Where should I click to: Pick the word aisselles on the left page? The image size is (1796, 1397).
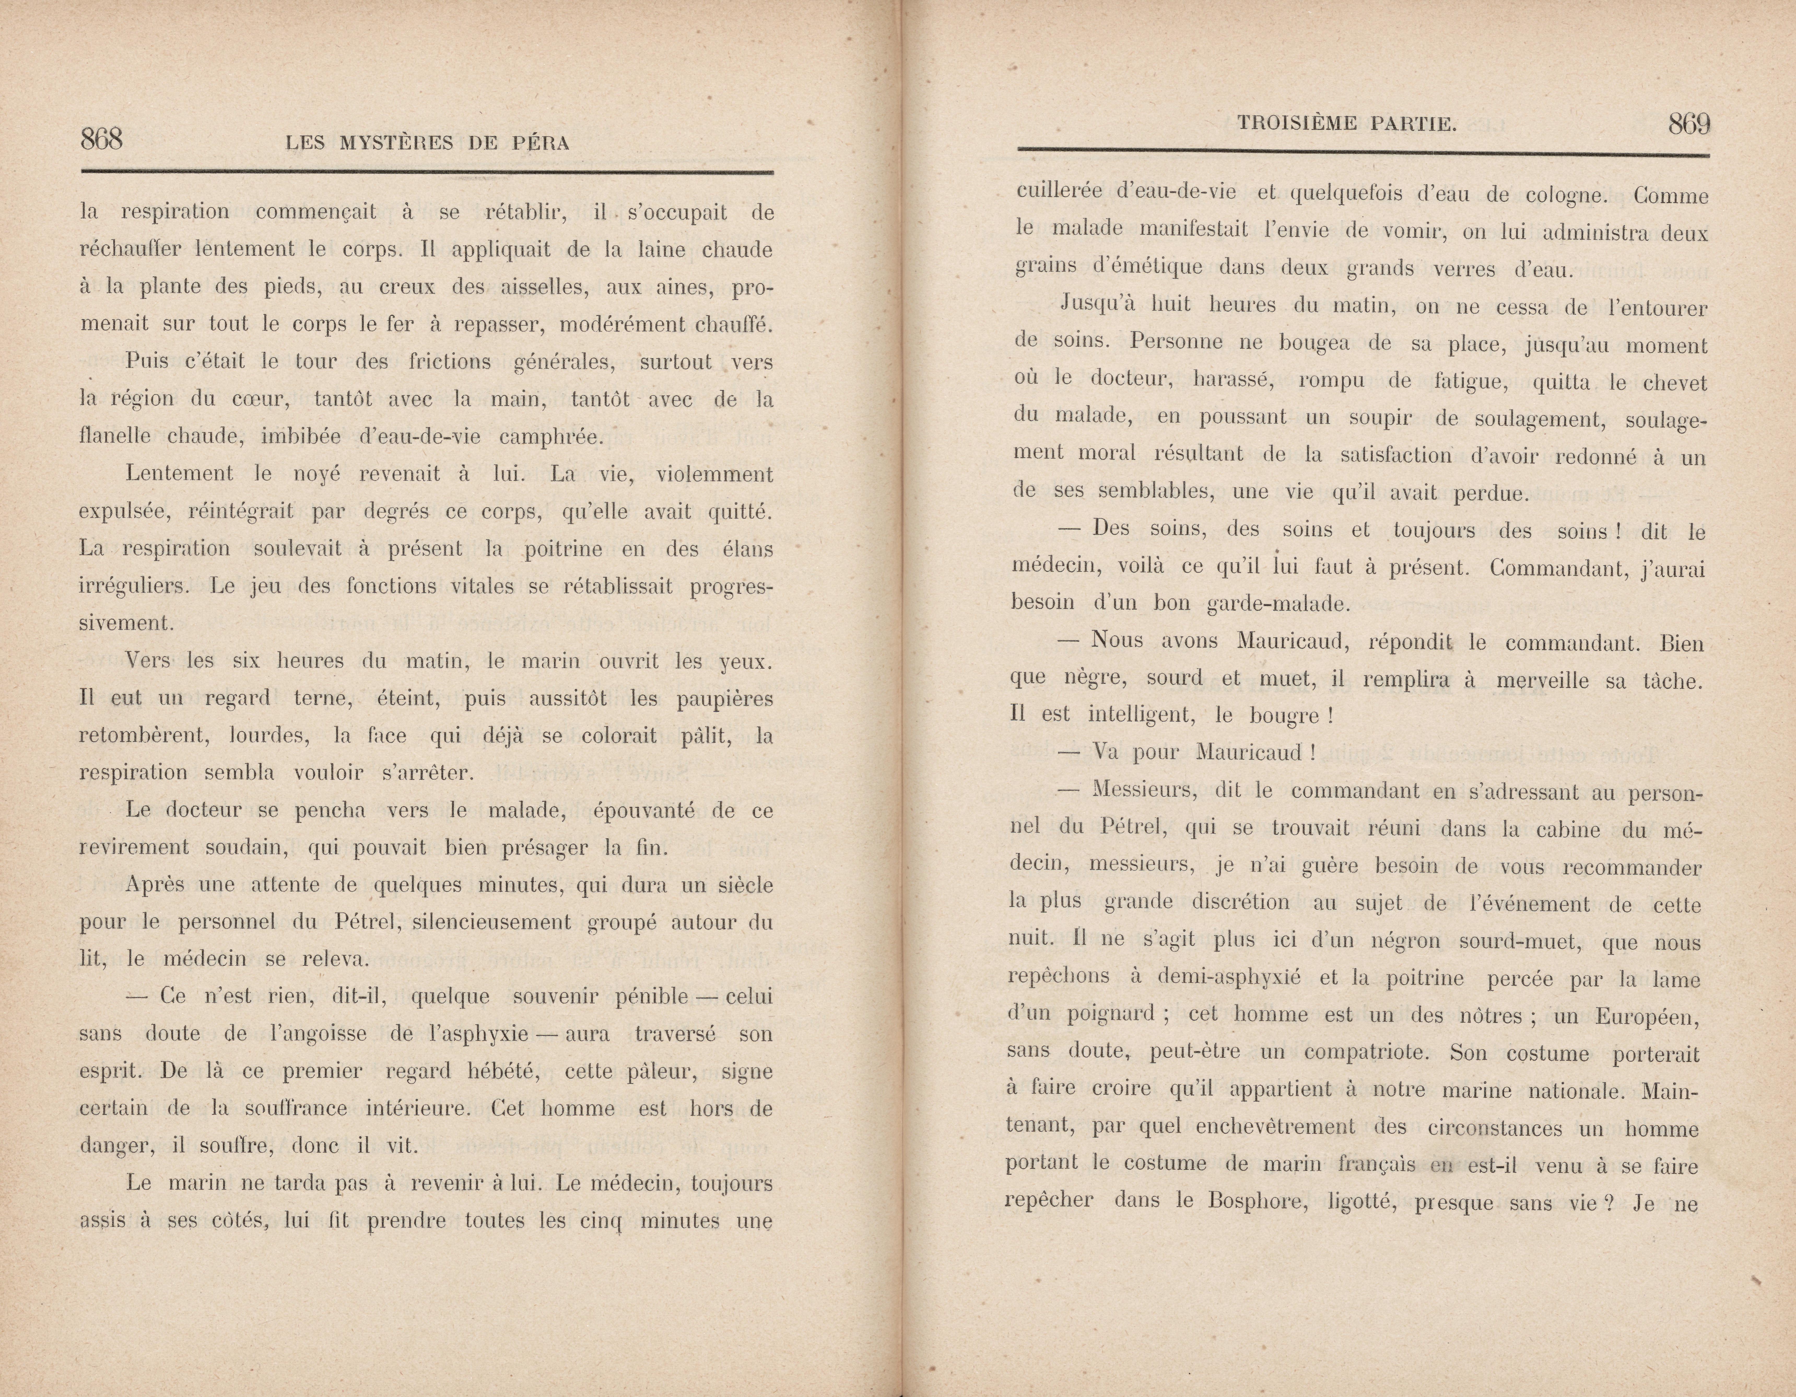click(x=539, y=287)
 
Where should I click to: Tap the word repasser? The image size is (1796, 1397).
click(x=495, y=324)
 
